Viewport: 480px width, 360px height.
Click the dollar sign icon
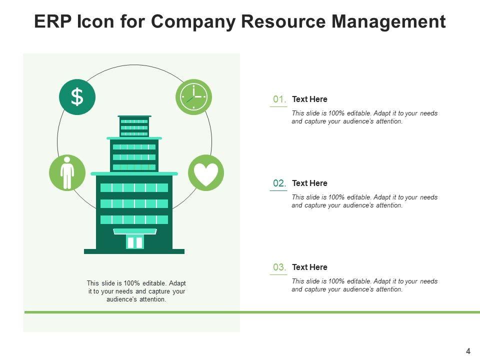click(x=77, y=97)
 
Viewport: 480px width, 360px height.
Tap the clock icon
click(x=193, y=97)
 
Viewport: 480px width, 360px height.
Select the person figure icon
click(x=67, y=172)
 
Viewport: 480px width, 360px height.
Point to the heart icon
click(x=206, y=173)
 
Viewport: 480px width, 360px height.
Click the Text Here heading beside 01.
click(x=309, y=99)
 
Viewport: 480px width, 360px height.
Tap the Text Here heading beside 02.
click(x=309, y=183)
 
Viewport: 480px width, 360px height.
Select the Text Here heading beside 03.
click(x=309, y=267)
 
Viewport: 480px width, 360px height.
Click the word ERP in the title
click(x=53, y=21)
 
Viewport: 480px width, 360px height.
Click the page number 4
click(x=468, y=351)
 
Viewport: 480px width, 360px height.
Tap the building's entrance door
click(x=135, y=242)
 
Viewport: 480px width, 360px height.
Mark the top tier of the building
click(x=134, y=127)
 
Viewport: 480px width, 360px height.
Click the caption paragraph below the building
click(x=136, y=291)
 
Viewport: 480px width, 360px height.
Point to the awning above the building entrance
click(x=135, y=231)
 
